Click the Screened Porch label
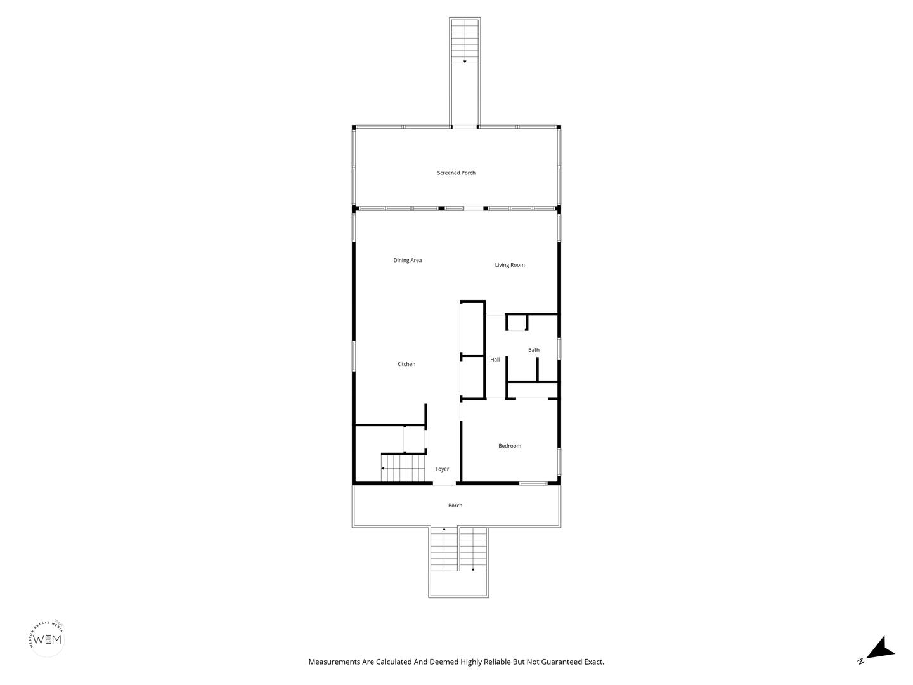click(456, 173)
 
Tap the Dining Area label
click(407, 260)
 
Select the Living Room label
click(510, 265)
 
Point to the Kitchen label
click(406, 364)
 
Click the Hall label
click(495, 360)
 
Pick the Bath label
click(534, 350)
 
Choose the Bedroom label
click(510, 446)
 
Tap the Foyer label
click(442, 469)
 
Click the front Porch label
click(455, 506)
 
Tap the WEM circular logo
click(48, 638)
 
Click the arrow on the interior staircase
click(382, 468)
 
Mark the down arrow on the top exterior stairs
click(465, 62)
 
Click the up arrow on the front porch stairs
click(444, 529)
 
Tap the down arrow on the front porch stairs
click(473, 570)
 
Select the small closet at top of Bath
click(517, 323)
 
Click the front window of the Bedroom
click(533, 484)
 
